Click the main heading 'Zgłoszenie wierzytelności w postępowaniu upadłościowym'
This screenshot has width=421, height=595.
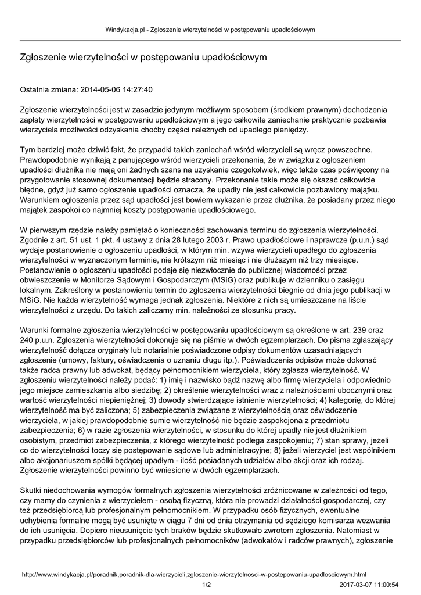click(x=143, y=58)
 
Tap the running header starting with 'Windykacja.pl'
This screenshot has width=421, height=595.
click(x=210, y=29)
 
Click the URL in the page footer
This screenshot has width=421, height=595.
click(x=194, y=574)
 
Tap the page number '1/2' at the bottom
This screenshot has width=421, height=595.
click(x=206, y=584)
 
